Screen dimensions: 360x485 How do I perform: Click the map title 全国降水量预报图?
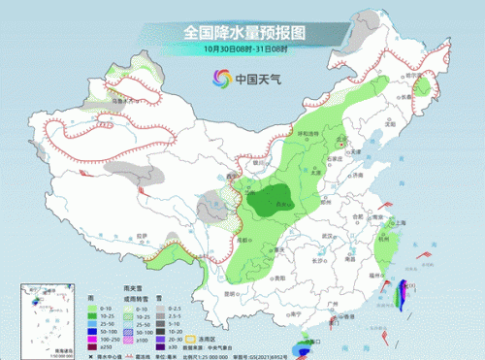pos(243,31)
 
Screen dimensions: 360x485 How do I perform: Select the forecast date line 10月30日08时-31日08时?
pos(242,49)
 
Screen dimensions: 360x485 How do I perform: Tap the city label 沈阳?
pos(391,123)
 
